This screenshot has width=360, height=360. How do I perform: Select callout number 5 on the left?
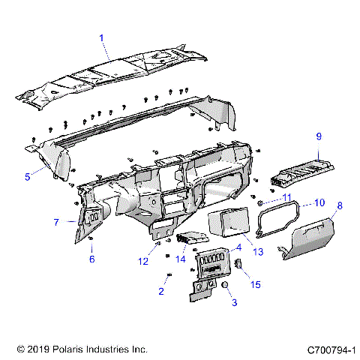pyautogui.click(x=28, y=177)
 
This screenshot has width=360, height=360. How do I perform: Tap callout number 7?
pyautogui.click(x=56, y=222)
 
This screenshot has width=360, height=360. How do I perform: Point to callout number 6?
pyautogui.click(x=92, y=259)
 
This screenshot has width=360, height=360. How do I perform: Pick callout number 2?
pyautogui.click(x=160, y=291)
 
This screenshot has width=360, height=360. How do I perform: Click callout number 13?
pyautogui.click(x=259, y=253)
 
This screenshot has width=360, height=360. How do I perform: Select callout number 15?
pyautogui.click(x=256, y=285)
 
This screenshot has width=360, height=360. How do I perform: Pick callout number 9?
pyautogui.click(x=318, y=136)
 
